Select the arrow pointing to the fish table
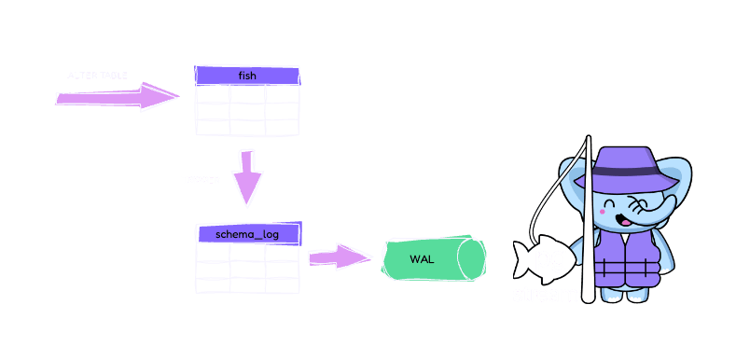click(x=117, y=97)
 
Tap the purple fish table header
click(x=246, y=76)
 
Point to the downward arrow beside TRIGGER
click(x=247, y=177)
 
